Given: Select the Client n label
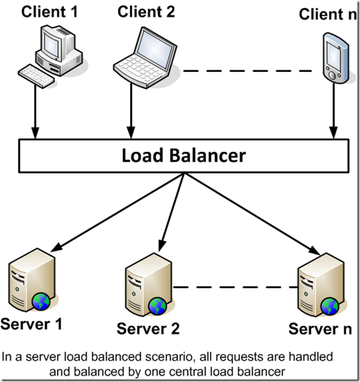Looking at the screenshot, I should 323,14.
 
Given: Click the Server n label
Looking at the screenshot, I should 319,328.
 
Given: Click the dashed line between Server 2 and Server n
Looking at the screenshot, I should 234,287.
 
